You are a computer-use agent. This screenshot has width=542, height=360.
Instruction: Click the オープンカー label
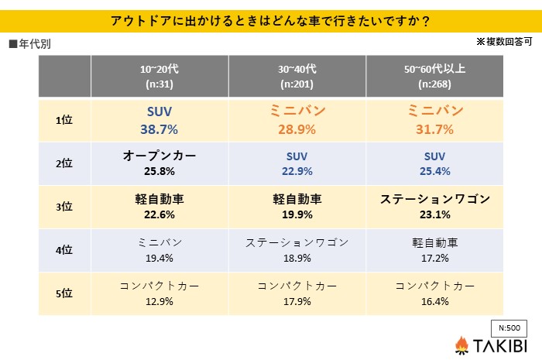pyautogui.click(x=160, y=156)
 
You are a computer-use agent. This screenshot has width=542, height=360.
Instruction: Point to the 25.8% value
pyautogui.click(x=160, y=171)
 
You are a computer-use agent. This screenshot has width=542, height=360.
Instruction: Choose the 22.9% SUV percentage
pyautogui.click(x=297, y=171)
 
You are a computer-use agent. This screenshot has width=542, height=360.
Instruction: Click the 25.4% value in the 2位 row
pyautogui.click(x=435, y=171)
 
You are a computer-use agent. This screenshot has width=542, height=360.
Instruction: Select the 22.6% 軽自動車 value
pyautogui.click(x=160, y=214)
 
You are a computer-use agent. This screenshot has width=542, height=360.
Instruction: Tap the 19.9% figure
pyautogui.click(x=297, y=214)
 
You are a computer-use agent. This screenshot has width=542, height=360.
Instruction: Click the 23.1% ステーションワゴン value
pyautogui.click(x=435, y=214)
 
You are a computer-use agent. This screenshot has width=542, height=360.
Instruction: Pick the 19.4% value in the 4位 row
pyautogui.click(x=160, y=257)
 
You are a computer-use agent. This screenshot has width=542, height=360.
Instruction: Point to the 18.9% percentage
pyautogui.click(x=297, y=257)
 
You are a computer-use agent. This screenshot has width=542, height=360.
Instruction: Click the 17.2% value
pyautogui.click(x=435, y=257)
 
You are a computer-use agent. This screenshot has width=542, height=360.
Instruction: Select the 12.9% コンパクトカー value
pyautogui.click(x=160, y=301)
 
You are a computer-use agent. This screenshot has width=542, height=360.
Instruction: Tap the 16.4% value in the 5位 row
pyautogui.click(x=435, y=301)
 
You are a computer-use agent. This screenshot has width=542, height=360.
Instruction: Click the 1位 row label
pyautogui.click(x=65, y=120)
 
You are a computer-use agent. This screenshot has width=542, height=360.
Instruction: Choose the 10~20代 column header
pyautogui.click(x=160, y=69)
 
